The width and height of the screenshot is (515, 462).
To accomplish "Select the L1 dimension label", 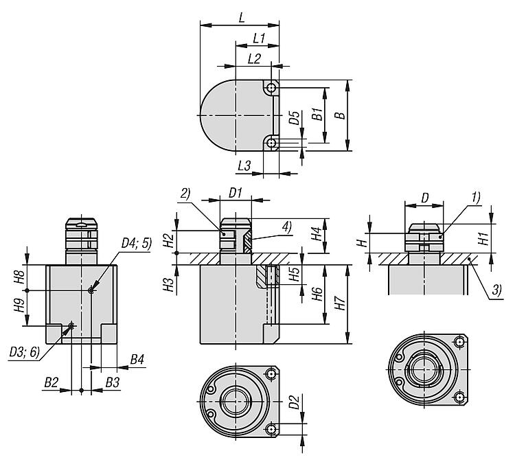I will pos(259,38).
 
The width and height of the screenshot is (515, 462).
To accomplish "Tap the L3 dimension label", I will pos(244,165).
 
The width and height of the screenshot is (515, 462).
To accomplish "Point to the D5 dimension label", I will pos(293,118).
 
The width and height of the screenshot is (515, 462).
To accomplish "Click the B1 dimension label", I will pos(317,114).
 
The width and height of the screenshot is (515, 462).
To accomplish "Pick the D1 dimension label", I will pos(236,193).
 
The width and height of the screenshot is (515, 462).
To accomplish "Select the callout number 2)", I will pos(185,194).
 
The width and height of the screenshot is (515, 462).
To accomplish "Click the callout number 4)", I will pos(285,224).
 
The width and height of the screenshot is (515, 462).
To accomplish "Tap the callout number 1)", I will pos(476,196).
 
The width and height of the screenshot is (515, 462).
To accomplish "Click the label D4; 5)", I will pos(135,242).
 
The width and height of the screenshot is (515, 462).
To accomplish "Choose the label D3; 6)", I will pos(24,352).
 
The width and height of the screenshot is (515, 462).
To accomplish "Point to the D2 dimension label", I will pos(293,401).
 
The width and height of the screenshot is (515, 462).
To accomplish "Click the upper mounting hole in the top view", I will pos(273,89).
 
